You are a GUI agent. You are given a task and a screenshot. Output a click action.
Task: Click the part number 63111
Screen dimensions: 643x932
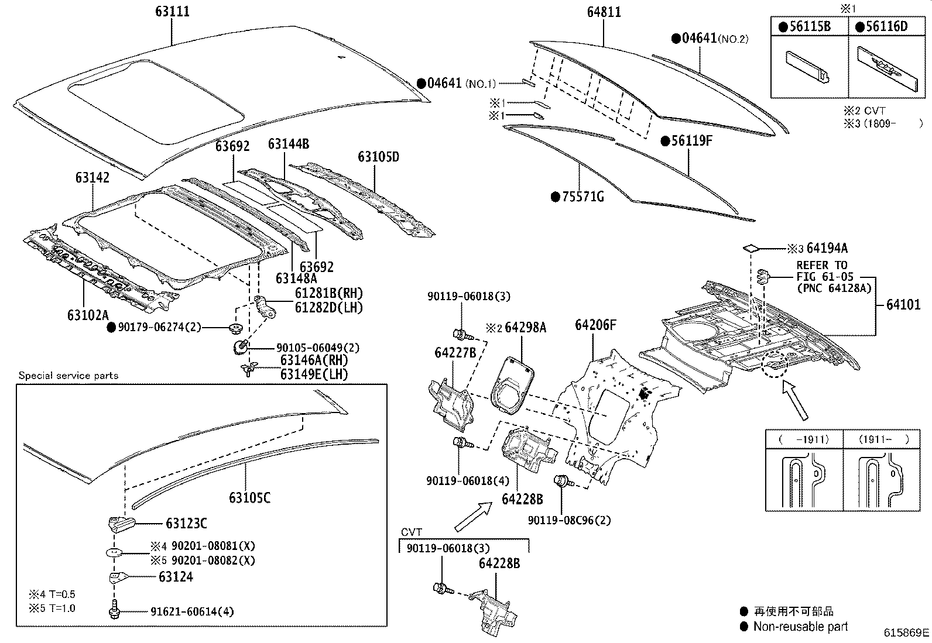172,12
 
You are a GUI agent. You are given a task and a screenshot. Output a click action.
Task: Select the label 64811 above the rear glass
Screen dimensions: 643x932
604,12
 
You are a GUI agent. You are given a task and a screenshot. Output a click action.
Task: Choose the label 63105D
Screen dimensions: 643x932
378,157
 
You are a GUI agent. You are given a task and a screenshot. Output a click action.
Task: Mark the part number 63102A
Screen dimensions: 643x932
88,315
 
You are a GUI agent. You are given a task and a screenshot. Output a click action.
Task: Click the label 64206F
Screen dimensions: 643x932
595,325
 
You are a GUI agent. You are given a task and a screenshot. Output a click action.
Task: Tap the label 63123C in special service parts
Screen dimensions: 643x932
186,524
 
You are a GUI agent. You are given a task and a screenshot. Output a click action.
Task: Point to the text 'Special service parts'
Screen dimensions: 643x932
68,376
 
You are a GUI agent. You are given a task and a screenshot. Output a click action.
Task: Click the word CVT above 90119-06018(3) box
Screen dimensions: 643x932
412,532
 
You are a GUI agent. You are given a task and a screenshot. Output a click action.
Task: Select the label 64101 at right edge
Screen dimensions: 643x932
903,304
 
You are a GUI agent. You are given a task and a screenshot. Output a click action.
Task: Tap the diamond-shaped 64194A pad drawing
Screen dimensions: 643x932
752,248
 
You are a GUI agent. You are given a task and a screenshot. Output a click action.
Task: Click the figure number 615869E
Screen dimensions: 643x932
906,632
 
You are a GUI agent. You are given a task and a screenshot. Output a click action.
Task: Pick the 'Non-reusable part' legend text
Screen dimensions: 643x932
800,627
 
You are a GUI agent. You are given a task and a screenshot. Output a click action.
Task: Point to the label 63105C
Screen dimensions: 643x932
249,498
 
